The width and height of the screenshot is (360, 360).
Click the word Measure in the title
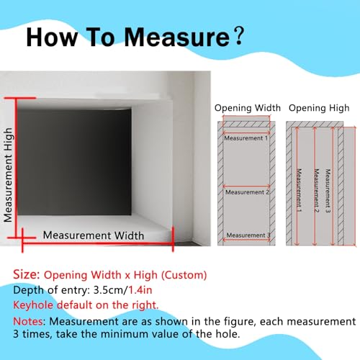pos(177,37)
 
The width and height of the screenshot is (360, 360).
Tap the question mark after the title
pos(239,36)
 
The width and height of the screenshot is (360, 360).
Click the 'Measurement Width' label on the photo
pos(94,235)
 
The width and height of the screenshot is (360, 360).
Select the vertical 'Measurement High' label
pos(8,175)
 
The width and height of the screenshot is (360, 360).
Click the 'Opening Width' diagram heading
pos(248,108)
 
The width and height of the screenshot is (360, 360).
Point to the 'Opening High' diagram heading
pos(319,108)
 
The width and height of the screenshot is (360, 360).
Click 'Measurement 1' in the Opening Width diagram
pos(246,138)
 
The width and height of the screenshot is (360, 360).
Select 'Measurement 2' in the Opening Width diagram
pos(247,192)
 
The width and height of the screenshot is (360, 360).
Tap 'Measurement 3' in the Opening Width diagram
pos(248,235)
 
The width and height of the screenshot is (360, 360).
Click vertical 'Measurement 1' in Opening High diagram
pos(299,190)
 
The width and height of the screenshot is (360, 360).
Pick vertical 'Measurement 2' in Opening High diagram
pos(316,191)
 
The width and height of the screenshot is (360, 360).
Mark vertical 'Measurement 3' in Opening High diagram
pos(328,191)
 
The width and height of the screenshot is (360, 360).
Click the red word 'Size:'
pos(27,274)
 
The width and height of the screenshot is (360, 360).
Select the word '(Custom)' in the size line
pos(184,275)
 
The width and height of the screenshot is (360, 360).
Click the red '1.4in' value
pos(140,290)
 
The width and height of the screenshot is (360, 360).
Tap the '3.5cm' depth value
pos(108,290)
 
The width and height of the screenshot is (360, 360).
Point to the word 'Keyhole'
pos(33,305)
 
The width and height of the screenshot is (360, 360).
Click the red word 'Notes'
pos(29,321)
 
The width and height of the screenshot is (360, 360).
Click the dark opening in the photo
pos(74,162)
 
